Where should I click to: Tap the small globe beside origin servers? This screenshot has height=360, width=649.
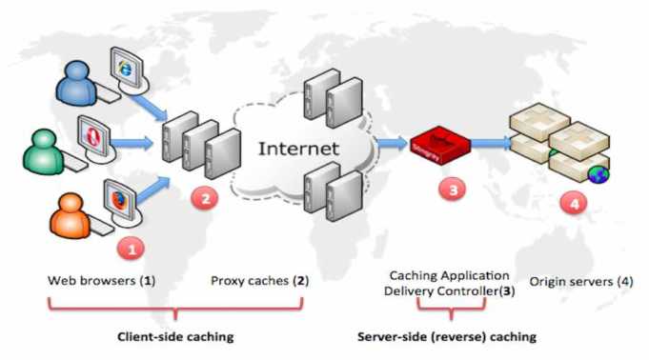pyautogui.click(x=598, y=174)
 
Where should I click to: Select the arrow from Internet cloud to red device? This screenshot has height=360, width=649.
pyautogui.click(x=388, y=144)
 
